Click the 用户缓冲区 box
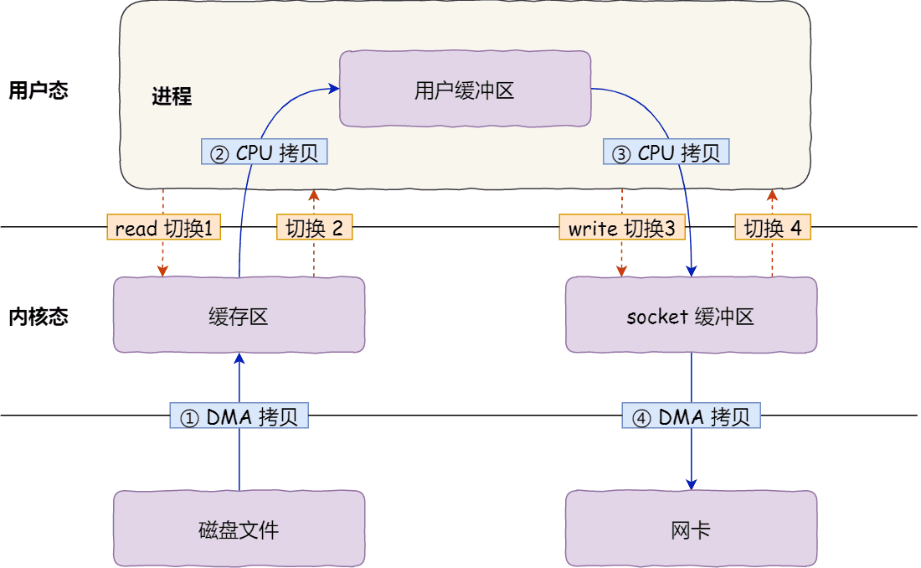click(465, 90)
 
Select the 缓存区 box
click(239, 316)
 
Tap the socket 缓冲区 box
click(691, 316)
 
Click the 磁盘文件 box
click(239, 529)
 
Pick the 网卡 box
click(691, 529)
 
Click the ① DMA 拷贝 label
click(239, 416)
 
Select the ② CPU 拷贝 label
click(265, 152)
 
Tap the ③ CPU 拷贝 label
click(666, 152)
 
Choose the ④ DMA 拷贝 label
click(692, 416)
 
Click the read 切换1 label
click(163, 228)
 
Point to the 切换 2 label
click(314, 228)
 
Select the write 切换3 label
click(622, 228)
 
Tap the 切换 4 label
click(773, 228)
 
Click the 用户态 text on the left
click(38, 90)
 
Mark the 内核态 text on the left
click(38, 317)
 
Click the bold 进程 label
click(172, 96)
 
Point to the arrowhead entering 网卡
click(692, 484)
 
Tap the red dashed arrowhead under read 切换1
click(163, 271)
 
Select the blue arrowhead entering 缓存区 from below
click(239, 358)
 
